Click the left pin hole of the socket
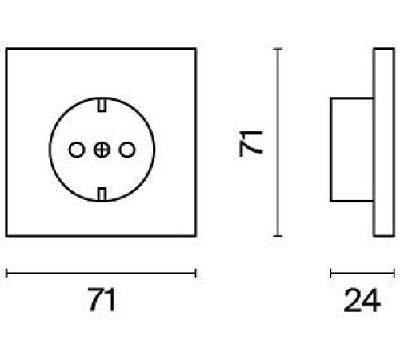(77, 150)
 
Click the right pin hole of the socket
(127, 150)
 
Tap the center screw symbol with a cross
(102, 150)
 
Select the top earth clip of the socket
(102, 105)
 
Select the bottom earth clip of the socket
(102, 194)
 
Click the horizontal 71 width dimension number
(102, 299)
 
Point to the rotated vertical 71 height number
(251, 143)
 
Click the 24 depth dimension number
(362, 300)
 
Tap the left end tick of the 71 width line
(6, 273)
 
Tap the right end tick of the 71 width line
(196, 273)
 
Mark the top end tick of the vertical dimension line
(278, 49)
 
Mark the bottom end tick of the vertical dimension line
(278, 236)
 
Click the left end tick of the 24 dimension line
(331, 273)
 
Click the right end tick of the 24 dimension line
(394, 273)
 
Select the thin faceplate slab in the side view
(384, 142)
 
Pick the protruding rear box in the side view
(352, 150)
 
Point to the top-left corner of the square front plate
(6, 49)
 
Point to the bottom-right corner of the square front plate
(195, 236)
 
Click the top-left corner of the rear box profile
(331, 98)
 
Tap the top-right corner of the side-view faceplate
(394, 49)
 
